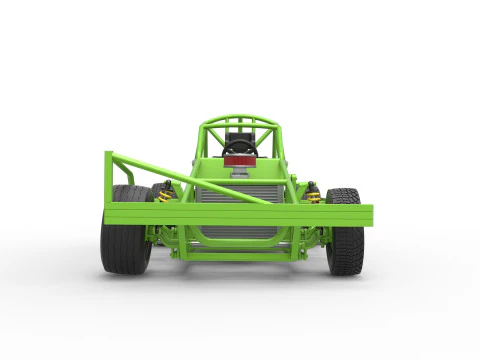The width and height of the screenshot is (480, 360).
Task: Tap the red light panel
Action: coord(240,160)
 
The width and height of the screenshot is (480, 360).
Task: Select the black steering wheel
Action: coord(240,147)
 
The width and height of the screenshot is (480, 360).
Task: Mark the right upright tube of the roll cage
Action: coord(283,160)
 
